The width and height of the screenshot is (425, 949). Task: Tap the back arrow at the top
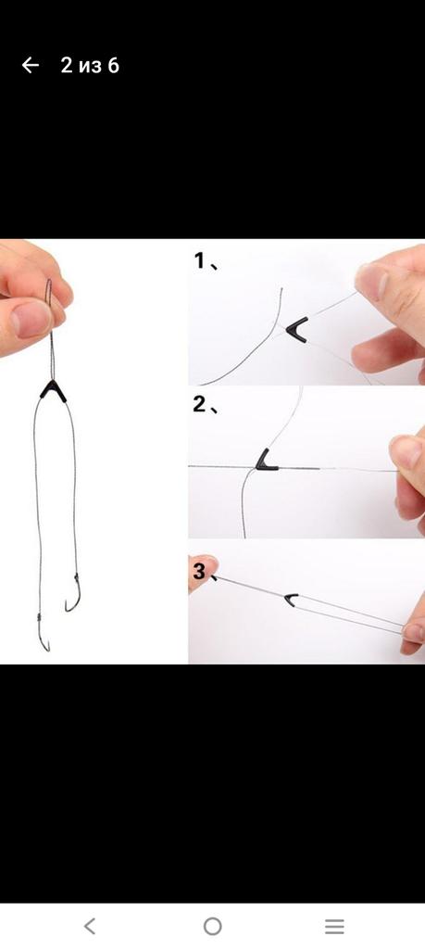31,66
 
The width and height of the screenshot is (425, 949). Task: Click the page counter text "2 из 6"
90,66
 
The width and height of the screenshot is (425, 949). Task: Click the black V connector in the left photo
53,390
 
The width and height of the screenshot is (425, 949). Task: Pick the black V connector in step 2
265,462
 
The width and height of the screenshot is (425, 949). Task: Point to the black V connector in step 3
292,600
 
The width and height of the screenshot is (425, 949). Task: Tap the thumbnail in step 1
370,282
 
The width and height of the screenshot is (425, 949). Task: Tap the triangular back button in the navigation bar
90,926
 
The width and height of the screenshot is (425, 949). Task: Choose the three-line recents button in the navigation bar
334,926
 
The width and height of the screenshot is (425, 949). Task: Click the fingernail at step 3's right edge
414,633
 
